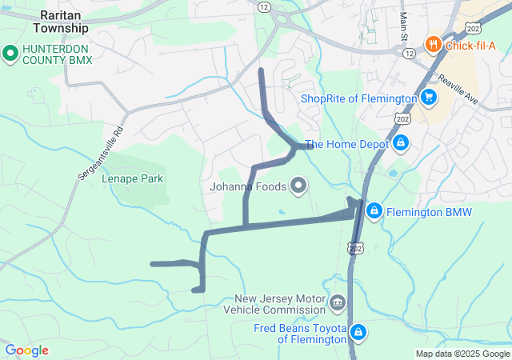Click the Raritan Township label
click(x=60, y=22)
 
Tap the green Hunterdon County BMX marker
click(x=10, y=54)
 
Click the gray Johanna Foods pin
click(x=299, y=186)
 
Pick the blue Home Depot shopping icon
click(x=401, y=144)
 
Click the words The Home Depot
click(x=346, y=145)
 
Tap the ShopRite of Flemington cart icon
click(x=430, y=98)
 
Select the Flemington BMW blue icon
click(x=374, y=211)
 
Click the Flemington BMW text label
click(x=430, y=212)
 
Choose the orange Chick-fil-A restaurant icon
click(x=434, y=44)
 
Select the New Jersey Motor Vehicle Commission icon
click(x=338, y=303)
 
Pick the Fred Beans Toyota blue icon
click(x=359, y=332)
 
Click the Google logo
click(x=26, y=350)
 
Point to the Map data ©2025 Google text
click(x=462, y=354)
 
